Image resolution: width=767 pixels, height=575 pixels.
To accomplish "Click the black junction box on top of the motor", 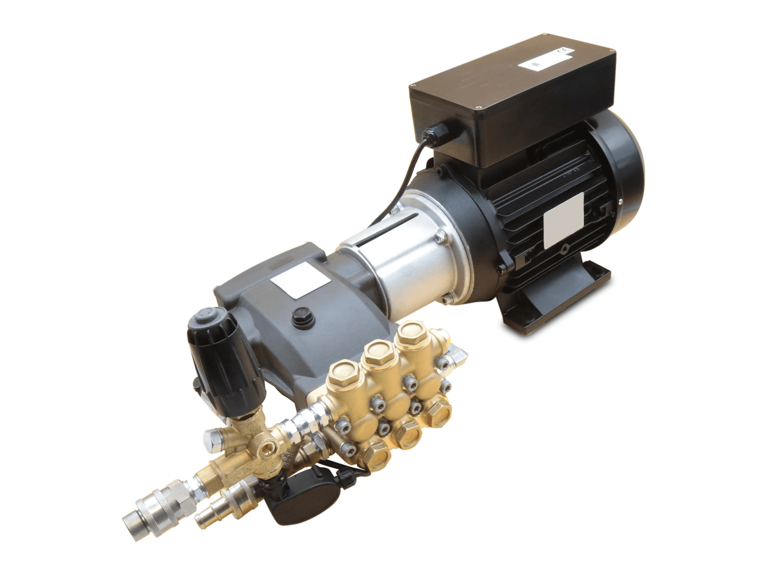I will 511,102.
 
